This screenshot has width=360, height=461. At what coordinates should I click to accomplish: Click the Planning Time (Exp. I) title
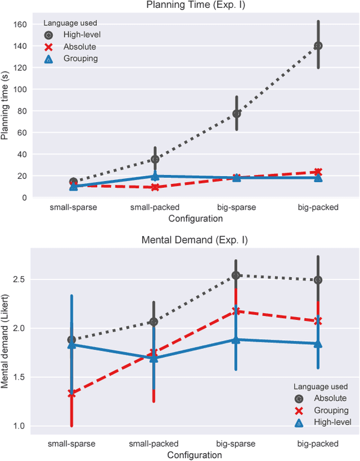[x=195, y=6]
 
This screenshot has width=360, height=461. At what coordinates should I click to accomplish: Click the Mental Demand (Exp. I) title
[x=195, y=240]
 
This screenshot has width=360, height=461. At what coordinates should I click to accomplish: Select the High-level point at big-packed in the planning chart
[x=318, y=46]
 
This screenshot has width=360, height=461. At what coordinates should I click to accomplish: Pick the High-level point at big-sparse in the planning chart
[x=237, y=113]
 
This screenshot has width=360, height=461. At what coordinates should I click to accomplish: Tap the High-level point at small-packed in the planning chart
[x=155, y=159]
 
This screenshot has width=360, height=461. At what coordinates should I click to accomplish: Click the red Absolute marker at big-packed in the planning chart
[x=318, y=172]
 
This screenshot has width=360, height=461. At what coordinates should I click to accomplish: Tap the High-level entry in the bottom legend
[x=332, y=422]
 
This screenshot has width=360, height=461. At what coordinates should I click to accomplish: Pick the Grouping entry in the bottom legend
[x=331, y=411]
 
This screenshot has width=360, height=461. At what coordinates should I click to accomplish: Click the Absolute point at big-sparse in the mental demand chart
[x=236, y=275]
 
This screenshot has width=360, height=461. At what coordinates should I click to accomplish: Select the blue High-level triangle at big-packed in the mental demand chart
[x=318, y=344]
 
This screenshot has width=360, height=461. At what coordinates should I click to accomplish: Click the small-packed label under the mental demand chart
[x=154, y=444]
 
